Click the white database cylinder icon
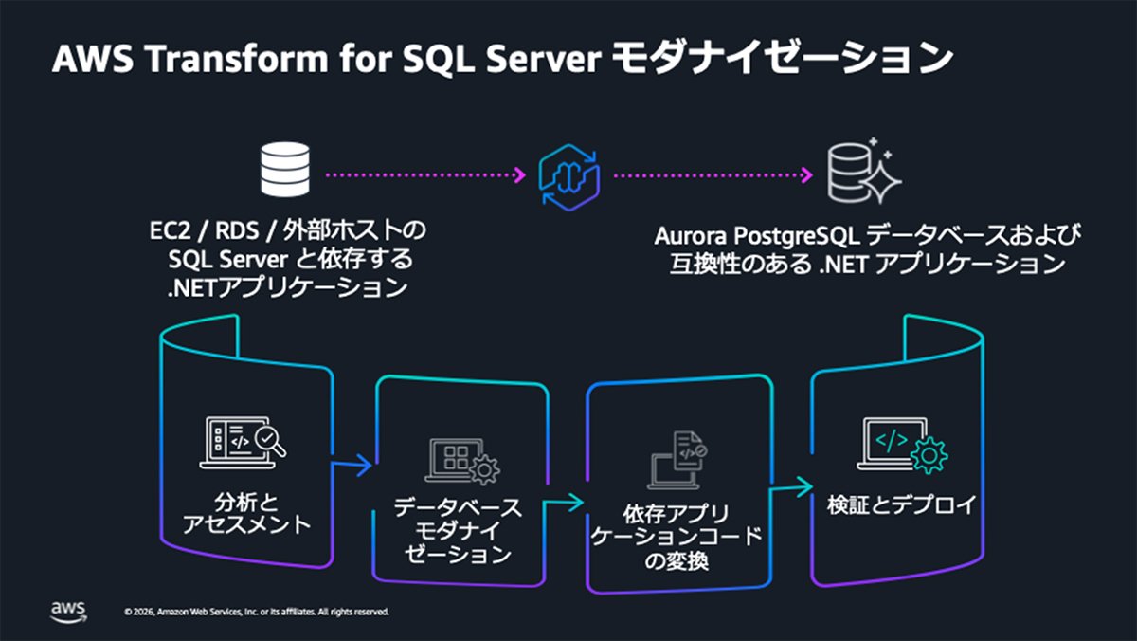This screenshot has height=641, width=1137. [x=285, y=170]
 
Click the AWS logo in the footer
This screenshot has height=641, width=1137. [x=68, y=612]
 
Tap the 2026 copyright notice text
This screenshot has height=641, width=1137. [x=257, y=612]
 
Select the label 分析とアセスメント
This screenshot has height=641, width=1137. [x=246, y=514]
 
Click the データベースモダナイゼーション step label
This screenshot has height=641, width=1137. [x=458, y=531]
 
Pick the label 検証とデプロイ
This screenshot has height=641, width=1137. [x=901, y=504]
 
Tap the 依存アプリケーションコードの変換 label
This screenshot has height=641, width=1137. [x=677, y=538]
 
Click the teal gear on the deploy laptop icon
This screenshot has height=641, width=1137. [x=929, y=455]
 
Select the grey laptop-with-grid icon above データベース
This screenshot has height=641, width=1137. [x=462, y=461]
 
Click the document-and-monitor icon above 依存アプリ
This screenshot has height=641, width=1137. [x=677, y=460]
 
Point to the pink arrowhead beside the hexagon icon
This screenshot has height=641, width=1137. [x=520, y=175]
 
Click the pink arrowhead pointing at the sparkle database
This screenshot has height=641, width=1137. [x=806, y=175]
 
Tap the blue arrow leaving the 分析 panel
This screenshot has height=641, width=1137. [x=352, y=465]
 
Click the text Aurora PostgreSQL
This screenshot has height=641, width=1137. [x=756, y=236]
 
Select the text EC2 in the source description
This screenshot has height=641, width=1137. [x=170, y=231]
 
